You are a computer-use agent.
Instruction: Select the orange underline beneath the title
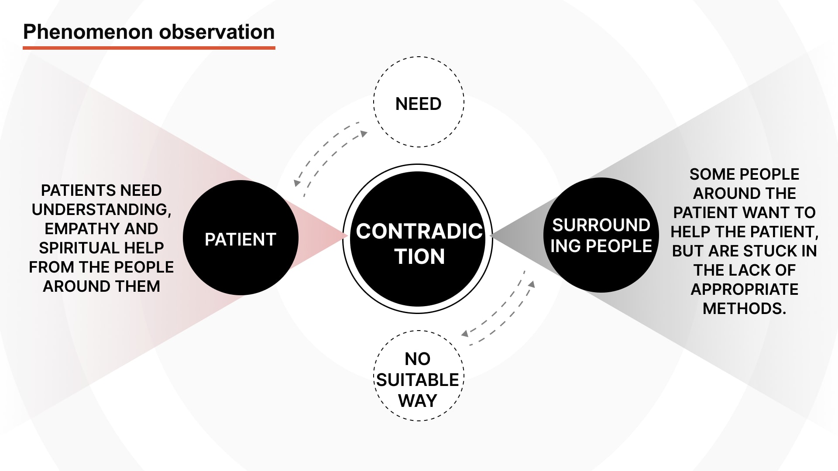(149, 48)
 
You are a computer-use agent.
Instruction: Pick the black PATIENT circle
(240, 238)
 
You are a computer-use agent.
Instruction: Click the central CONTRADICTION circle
(418, 239)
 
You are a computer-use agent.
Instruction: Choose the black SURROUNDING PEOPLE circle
(601, 235)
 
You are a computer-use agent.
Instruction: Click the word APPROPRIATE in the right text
(745, 290)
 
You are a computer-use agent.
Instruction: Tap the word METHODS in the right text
(744, 309)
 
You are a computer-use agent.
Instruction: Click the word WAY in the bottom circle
(418, 401)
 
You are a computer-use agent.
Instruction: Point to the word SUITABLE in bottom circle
(418, 380)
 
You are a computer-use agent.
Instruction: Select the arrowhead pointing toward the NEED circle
(363, 134)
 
